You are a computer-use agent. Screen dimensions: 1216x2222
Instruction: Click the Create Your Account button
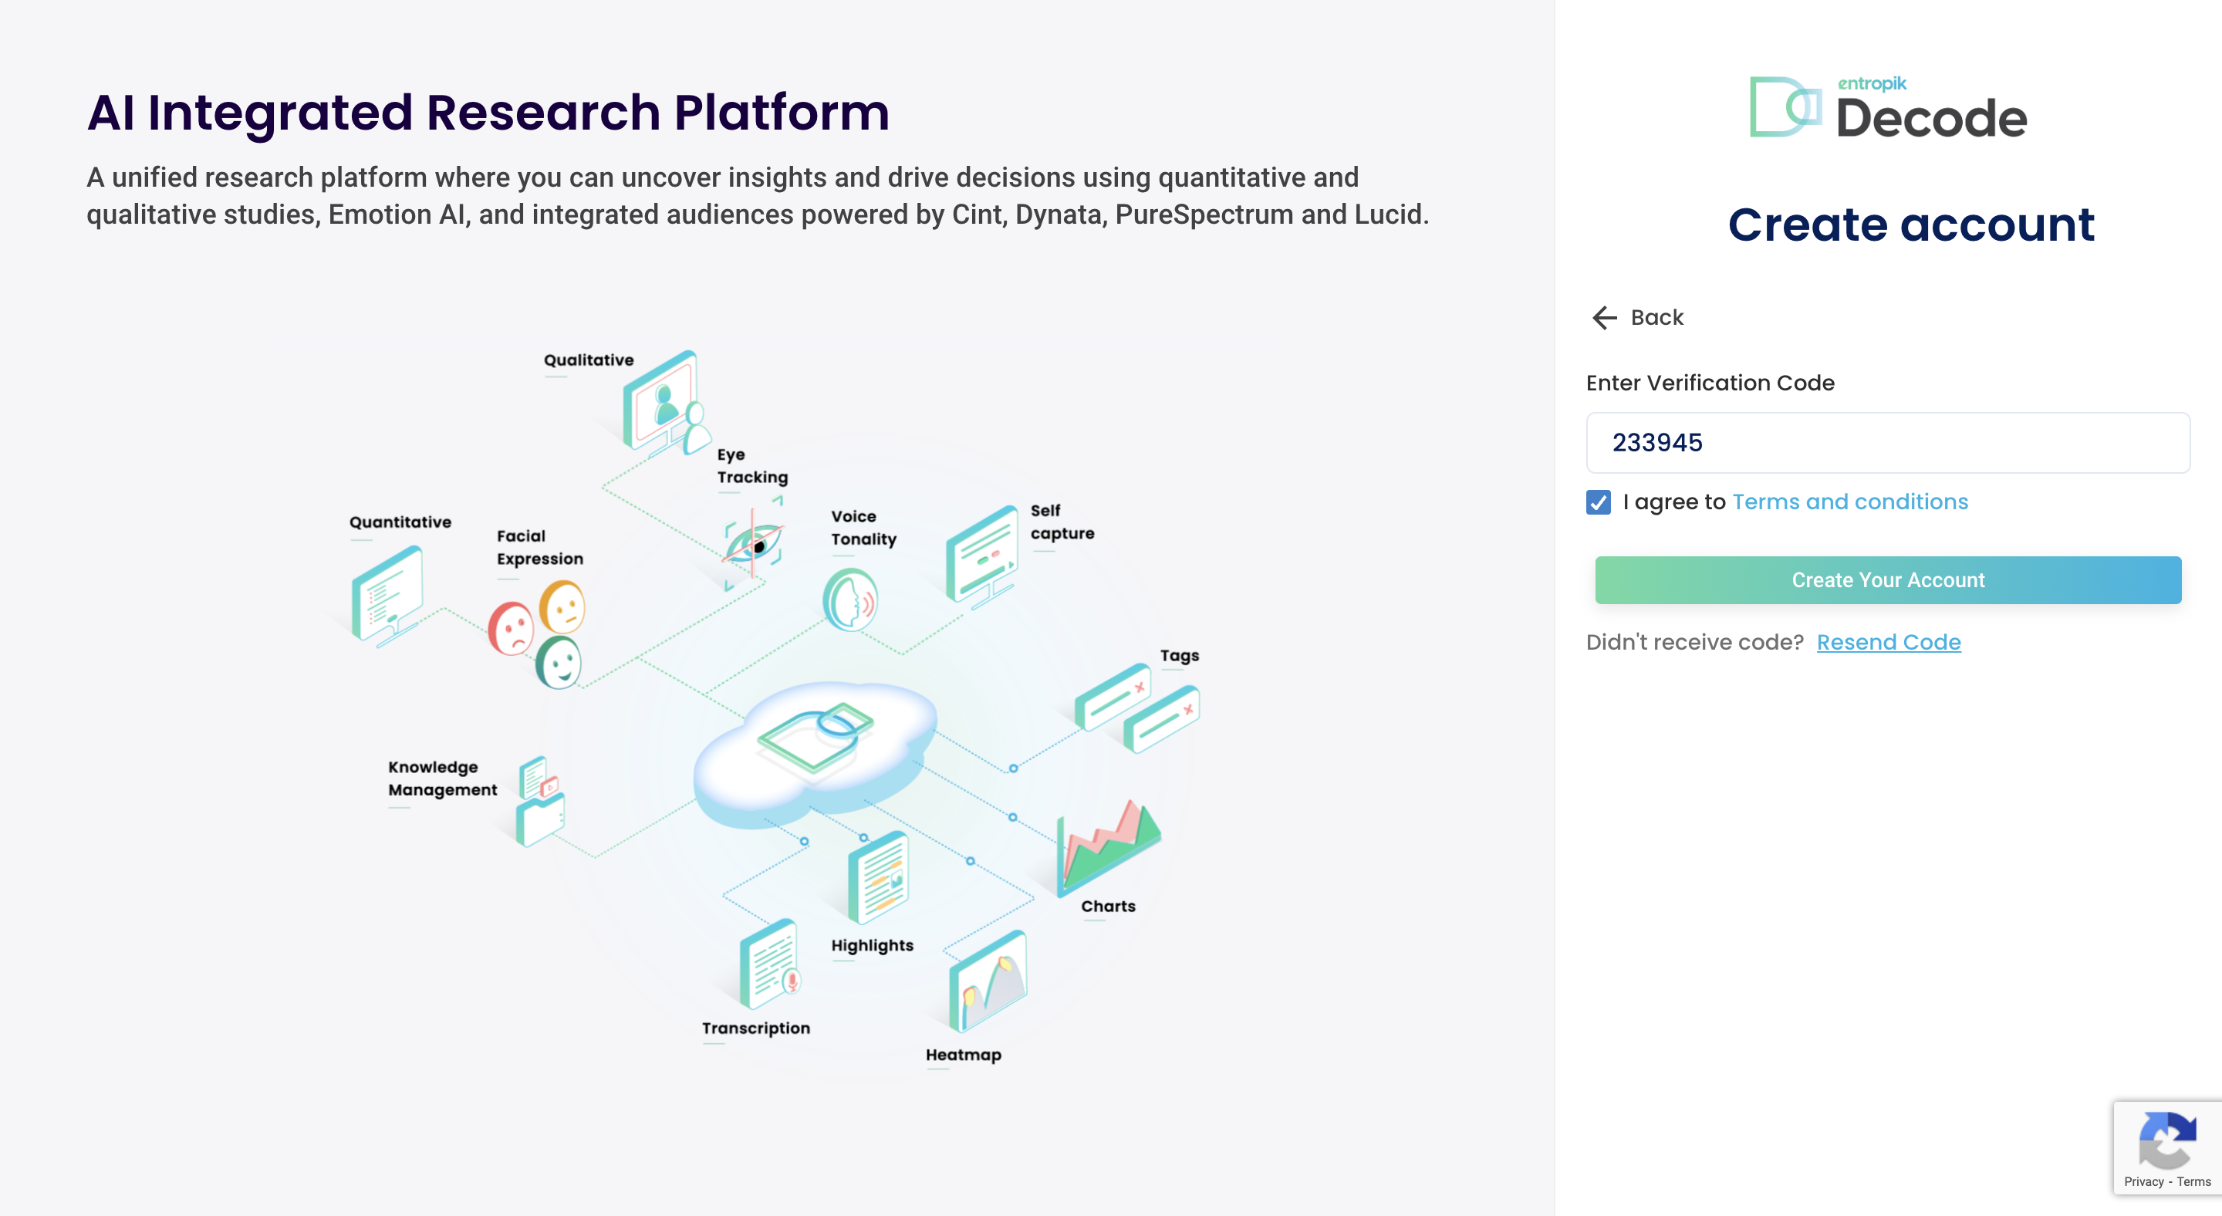(x=1887, y=580)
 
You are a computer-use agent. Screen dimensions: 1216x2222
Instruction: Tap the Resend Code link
(x=1888, y=643)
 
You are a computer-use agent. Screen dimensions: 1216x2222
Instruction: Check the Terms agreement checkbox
(x=1599, y=503)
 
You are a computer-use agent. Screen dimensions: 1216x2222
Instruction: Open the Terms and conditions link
(x=1849, y=502)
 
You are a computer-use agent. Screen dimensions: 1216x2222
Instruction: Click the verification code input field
(x=1887, y=442)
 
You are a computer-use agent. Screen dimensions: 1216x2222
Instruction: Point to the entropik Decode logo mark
(x=1785, y=108)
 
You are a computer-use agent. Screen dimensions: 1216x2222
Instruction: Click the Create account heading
(x=1910, y=225)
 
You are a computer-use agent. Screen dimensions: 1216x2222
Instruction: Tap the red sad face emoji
(x=512, y=629)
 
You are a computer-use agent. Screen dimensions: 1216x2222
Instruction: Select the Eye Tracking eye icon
(x=753, y=544)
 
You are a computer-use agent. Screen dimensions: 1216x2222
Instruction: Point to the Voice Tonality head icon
(x=849, y=600)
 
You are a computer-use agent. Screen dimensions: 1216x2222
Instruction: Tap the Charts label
(x=1108, y=907)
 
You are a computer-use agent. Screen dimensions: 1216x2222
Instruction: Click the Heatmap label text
(x=963, y=1055)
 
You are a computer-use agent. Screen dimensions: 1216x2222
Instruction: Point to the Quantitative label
(x=400, y=522)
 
